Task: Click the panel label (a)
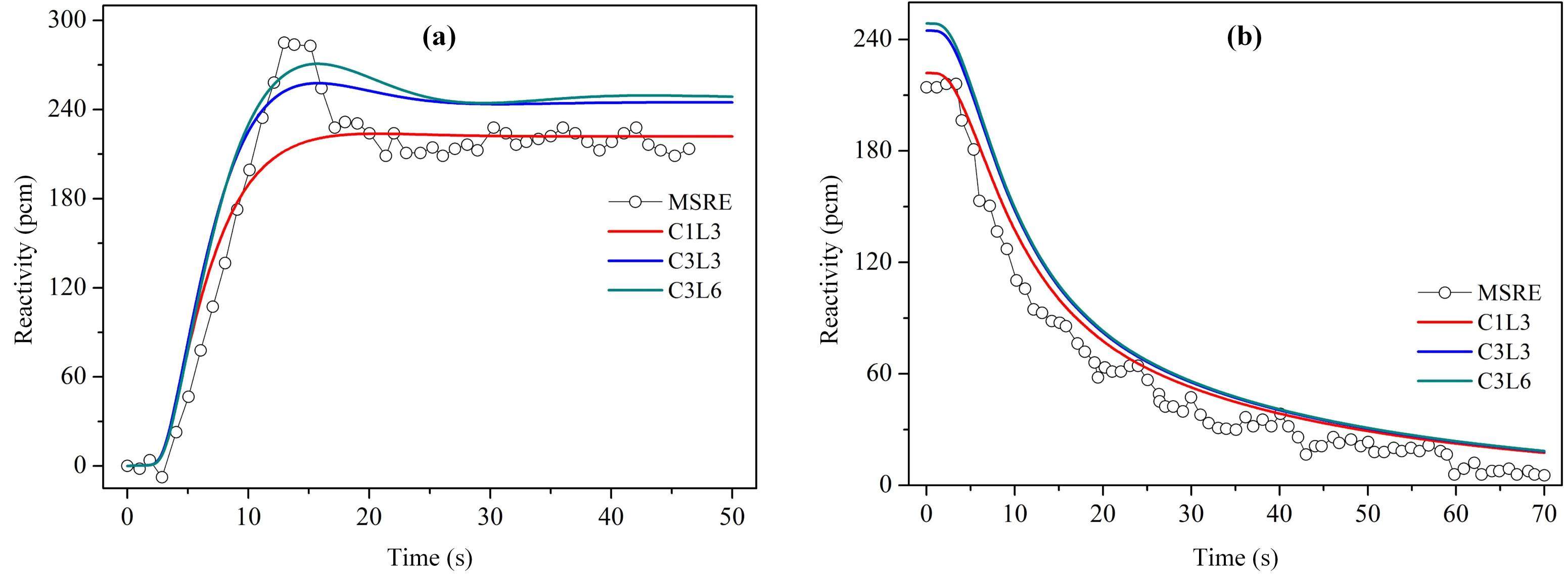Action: pos(438,38)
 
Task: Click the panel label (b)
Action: pos(1244,38)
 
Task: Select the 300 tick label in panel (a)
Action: pos(68,21)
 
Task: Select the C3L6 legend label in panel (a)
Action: pos(695,291)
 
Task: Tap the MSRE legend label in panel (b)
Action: pos(1509,293)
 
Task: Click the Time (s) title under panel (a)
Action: pos(430,557)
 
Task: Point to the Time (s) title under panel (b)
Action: pos(1235,557)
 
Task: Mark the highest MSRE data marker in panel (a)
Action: pos(284,42)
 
